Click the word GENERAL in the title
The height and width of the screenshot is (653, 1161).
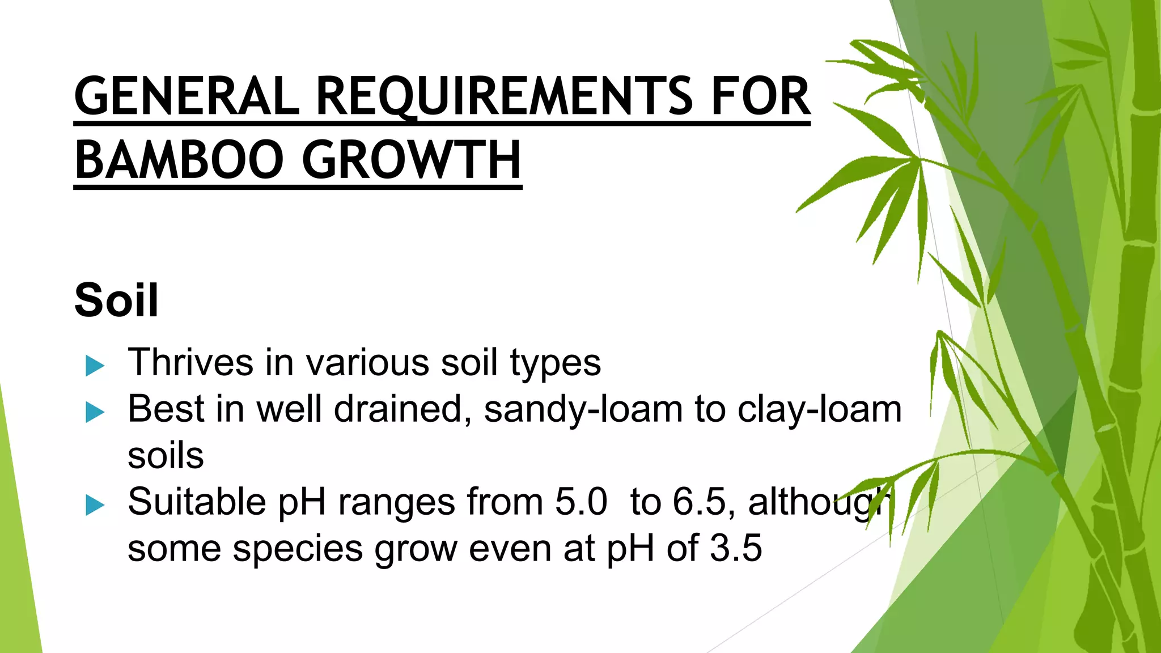point(187,96)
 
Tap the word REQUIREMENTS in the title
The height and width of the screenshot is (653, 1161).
point(505,96)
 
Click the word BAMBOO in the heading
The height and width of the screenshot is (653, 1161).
point(179,160)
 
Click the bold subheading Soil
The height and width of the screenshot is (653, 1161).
point(116,300)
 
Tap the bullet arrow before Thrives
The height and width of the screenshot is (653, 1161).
point(95,366)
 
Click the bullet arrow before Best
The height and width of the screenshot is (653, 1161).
point(95,412)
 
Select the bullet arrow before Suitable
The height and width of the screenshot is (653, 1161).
point(95,505)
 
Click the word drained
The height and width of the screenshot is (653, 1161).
point(402,409)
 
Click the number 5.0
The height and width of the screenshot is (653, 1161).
point(581,502)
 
